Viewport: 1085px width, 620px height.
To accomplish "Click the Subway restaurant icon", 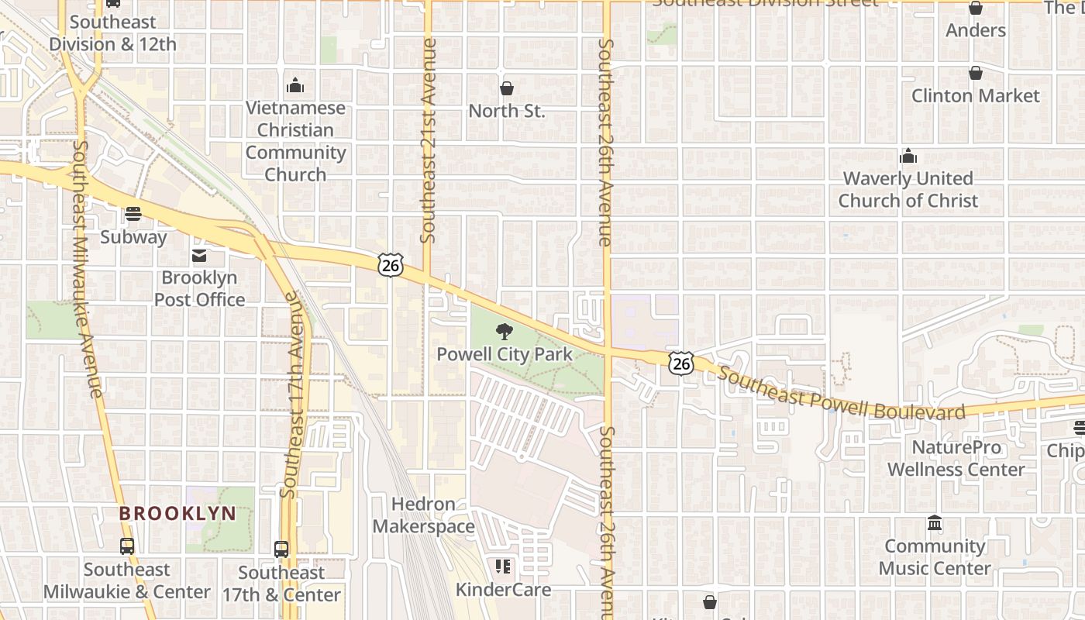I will (133, 214).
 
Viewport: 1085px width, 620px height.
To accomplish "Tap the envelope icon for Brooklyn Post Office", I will (199, 256).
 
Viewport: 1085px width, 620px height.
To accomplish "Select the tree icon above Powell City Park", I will (505, 332).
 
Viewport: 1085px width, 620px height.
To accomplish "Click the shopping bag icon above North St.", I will (506, 88).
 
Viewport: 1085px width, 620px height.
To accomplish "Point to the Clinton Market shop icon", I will (975, 74).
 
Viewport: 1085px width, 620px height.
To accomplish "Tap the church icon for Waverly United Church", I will (908, 157).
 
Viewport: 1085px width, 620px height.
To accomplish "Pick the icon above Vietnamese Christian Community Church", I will (294, 85).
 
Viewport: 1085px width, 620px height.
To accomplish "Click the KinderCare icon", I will (503, 567).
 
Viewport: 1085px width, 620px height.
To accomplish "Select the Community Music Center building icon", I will (934, 524).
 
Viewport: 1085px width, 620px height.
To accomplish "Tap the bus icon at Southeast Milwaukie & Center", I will (126, 546).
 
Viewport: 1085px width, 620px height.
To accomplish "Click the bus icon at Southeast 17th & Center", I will (281, 549).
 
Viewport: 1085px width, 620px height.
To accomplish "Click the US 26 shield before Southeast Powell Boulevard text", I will (681, 363).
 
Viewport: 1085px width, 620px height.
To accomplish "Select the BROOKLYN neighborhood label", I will (177, 513).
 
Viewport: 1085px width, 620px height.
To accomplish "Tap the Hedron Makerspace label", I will (423, 515).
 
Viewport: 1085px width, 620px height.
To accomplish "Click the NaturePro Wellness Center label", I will (956, 459).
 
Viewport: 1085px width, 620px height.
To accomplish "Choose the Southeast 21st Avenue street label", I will (428, 139).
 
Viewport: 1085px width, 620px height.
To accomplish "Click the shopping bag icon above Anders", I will (975, 9).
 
